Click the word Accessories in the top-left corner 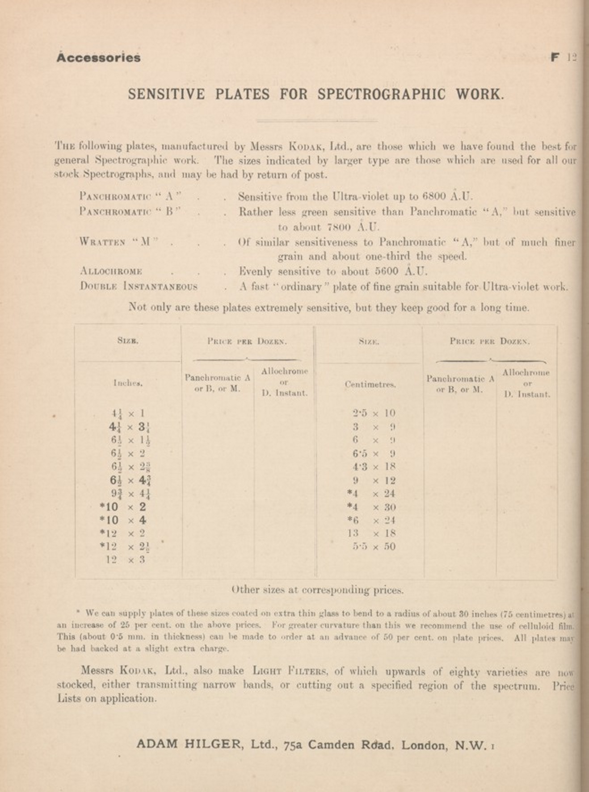[98, 58]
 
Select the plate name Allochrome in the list [111, 271]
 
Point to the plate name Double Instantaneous [138, 286]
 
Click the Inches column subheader [128, 383]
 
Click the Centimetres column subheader [370, 384]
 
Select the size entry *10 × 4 [123, 520]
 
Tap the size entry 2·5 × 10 [374, 413]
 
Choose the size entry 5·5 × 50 [374, 546]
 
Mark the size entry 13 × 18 [372, 533]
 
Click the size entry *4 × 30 [371, 507]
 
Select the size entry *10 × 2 [123, 507]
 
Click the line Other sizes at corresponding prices [317, 590]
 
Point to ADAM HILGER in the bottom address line [189, 744]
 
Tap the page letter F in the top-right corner [555, 57]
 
